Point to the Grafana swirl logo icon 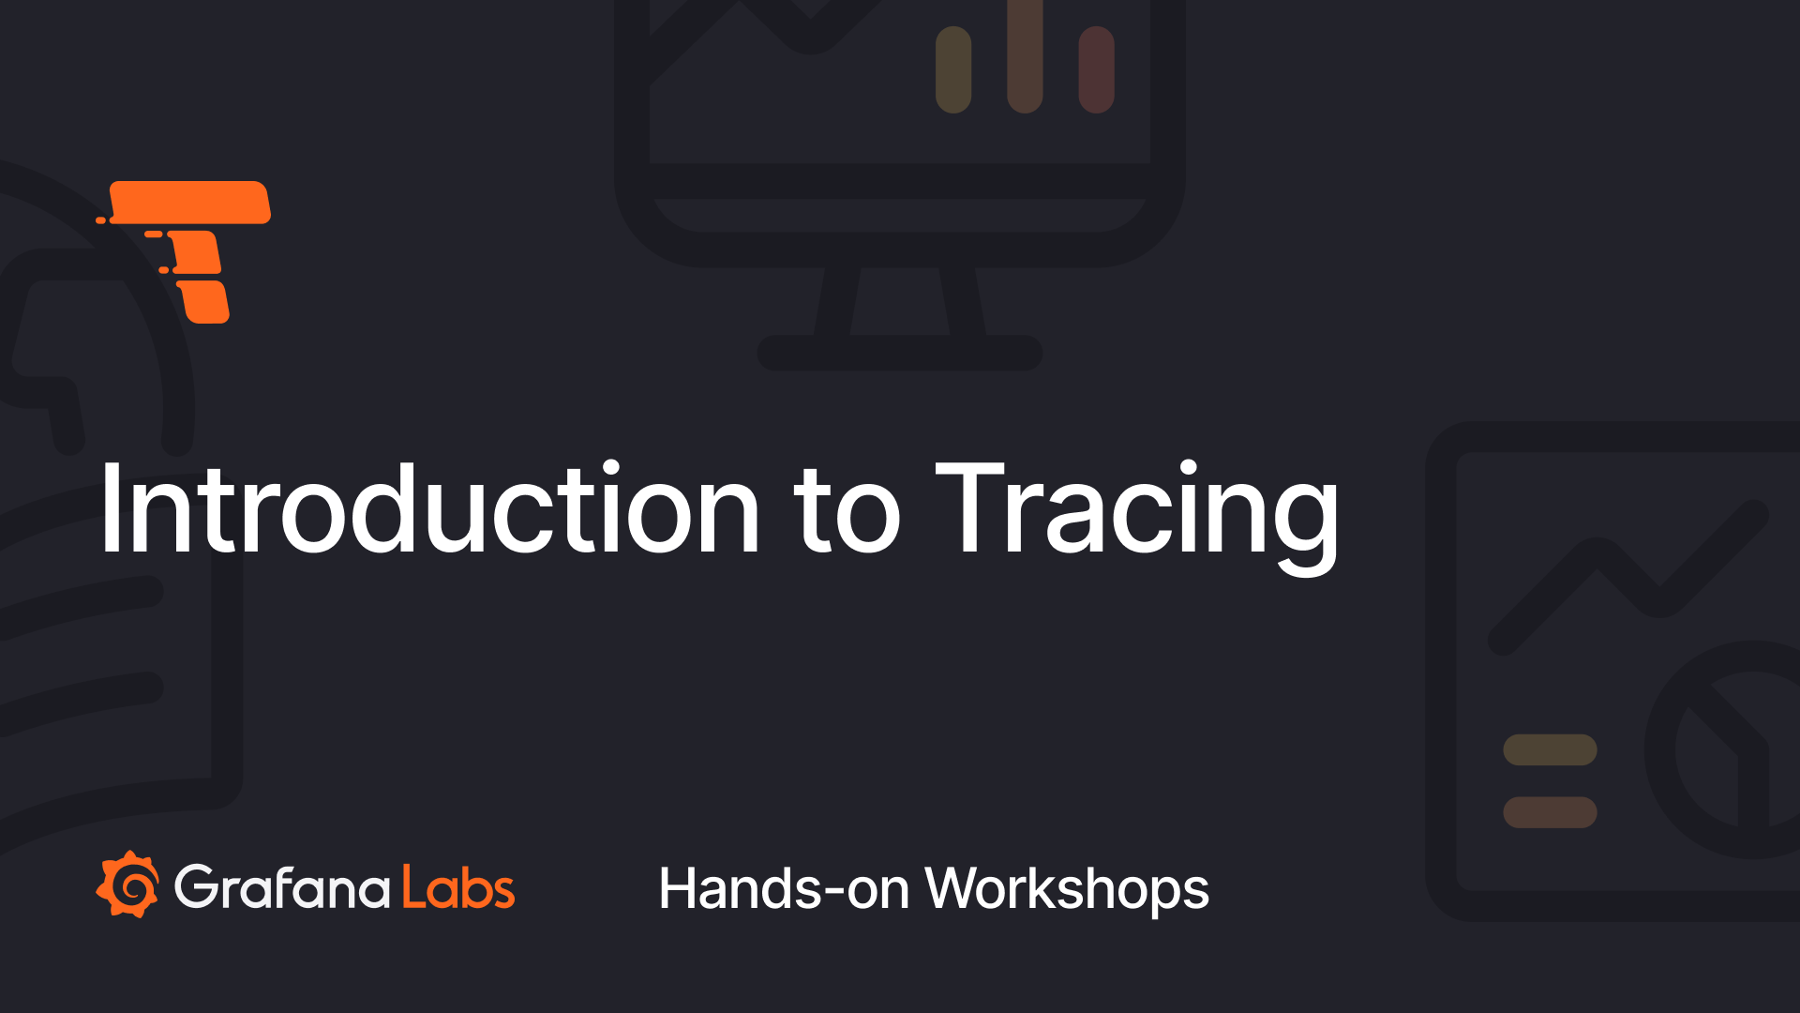coord(128,884)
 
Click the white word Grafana coord(282,887)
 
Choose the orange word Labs coord(458,887)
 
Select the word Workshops coord(1067,889)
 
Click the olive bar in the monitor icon coord(953,69)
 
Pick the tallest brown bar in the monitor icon coord(1025,56)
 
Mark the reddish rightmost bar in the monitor coord(1096,69)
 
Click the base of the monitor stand coord(900,353)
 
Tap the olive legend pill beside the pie coord(1550,749)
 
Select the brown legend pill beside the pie coord(1550,812)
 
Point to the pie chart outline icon coord(1725,750)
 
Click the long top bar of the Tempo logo coord(190,203)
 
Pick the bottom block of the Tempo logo coord(204,302)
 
